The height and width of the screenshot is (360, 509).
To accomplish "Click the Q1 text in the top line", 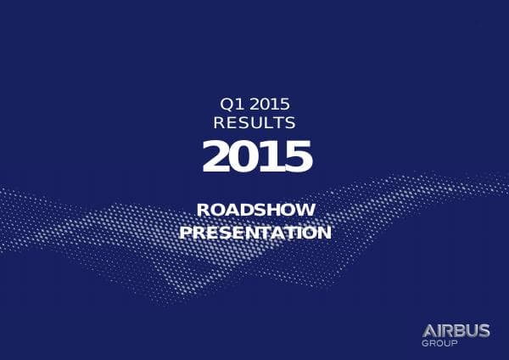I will (x=230, y=104).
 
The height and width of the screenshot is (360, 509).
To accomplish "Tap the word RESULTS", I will (x=255, y=122).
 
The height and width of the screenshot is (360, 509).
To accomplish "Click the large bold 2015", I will (x=256, y=156).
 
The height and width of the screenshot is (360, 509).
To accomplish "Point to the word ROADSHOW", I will (x=255, y=210).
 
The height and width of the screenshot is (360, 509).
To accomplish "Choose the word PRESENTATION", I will (x=255, y=231).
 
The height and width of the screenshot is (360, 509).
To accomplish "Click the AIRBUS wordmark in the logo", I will (x=455, y=330).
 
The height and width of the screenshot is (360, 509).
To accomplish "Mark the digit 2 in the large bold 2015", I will (x=215, y=156).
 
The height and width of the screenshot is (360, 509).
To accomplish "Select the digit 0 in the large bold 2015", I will (x=243, y=156).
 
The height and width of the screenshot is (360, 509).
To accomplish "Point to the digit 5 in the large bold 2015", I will (x=298, y=156).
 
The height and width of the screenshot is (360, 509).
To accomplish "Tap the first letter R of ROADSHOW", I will (x=202, y=210).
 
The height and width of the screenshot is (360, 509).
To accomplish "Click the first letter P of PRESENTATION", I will (x=186, y=231).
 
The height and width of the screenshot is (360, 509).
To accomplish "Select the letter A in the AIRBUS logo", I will (x=428, y=330).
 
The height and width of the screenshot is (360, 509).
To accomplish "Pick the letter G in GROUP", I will (x=424, y=344).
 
